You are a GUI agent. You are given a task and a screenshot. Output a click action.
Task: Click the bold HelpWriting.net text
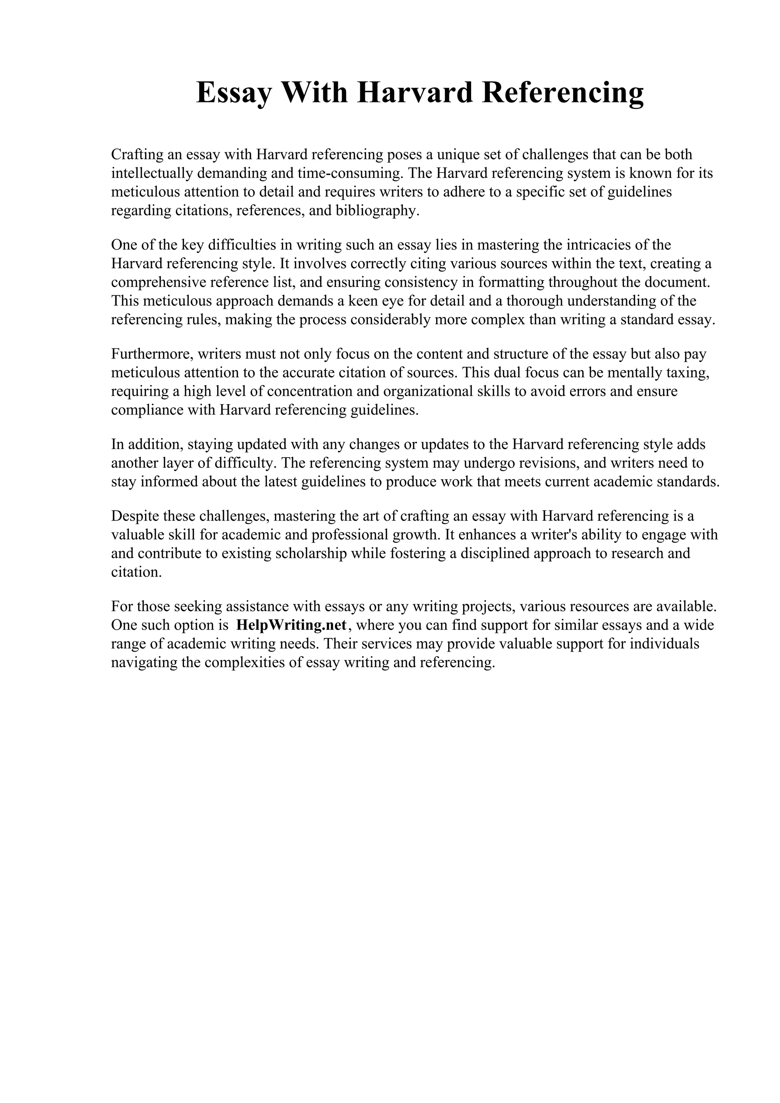(291, 625)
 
